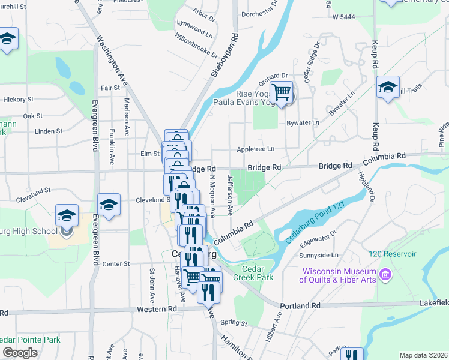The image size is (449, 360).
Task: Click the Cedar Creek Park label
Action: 258,273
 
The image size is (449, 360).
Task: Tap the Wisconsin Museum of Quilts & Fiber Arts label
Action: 339,275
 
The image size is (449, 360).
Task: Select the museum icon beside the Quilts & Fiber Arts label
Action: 385,275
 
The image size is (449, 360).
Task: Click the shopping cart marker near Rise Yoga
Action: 280,92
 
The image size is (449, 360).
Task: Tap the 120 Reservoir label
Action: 393,254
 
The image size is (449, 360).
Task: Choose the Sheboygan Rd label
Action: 225,55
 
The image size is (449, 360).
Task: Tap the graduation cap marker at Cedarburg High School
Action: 67,215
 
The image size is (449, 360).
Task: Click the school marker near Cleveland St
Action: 108,205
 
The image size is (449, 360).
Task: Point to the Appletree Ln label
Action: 255,148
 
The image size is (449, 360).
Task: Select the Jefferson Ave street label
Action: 229,195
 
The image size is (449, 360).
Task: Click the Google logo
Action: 20,353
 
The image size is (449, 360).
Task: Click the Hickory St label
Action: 17,99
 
